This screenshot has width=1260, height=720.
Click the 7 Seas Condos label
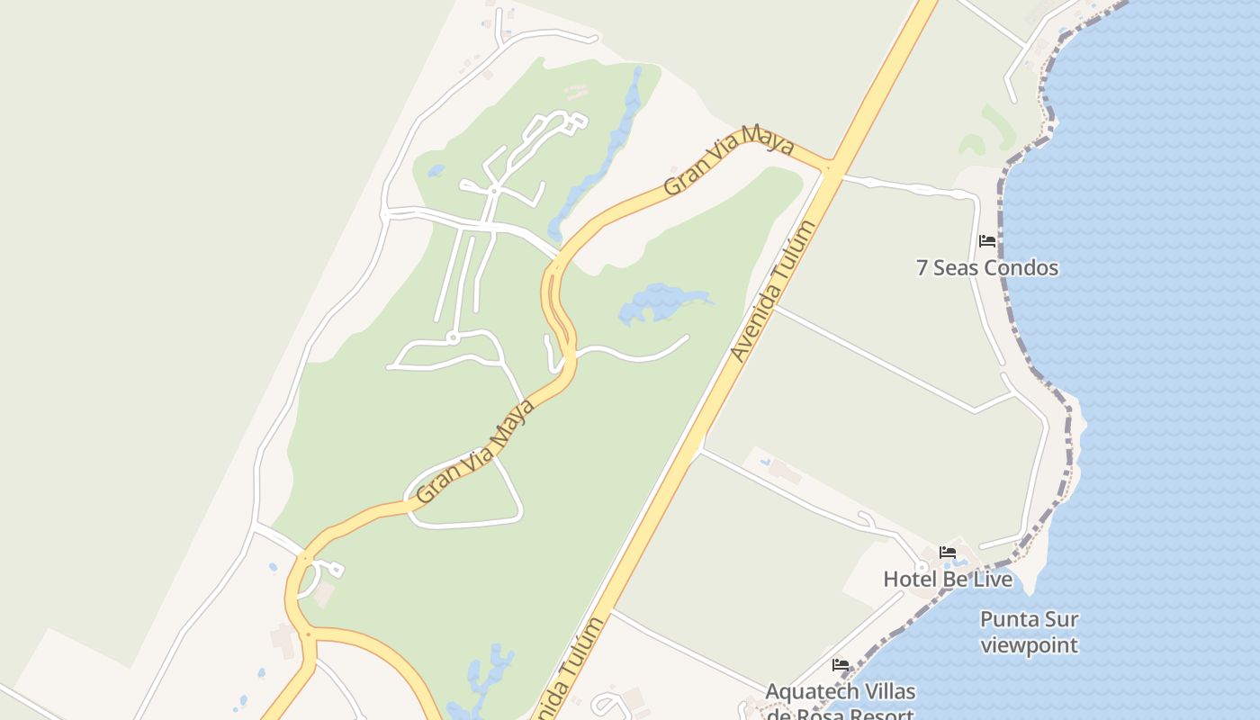point(987,268)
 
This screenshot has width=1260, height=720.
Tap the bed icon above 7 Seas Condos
point(987,241)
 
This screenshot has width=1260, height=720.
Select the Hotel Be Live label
point(948,580)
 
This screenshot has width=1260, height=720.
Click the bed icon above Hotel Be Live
point(948,553)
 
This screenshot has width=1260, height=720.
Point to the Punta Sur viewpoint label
point(1029,632)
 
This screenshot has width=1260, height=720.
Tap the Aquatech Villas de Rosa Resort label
point(840,702)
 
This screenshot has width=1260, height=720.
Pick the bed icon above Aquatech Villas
point(841,665)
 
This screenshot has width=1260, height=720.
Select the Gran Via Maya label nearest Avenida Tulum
point(729,162)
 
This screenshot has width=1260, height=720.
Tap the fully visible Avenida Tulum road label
point(772,290)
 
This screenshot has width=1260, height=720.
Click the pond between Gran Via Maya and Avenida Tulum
point(661,303)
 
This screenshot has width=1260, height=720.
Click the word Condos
point(1021,268)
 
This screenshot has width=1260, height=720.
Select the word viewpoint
point(1029,645)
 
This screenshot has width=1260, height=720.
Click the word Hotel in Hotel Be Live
point(911,580)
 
